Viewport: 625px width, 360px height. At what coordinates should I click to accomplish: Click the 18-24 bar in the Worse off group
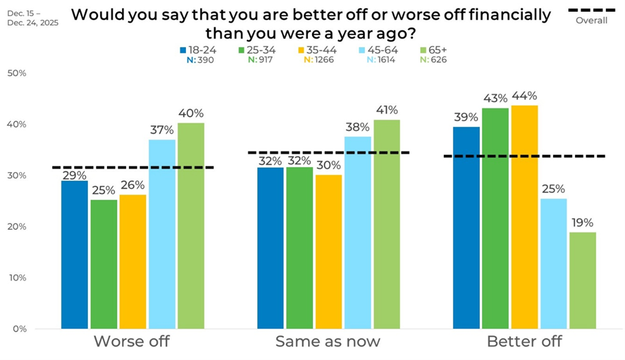(x=74, y=254)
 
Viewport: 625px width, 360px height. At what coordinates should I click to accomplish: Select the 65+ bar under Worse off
(x=190, y=226)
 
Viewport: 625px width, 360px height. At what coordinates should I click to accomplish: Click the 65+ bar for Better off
(x=582, y=280)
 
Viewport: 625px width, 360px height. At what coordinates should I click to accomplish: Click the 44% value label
(x=524, y=96)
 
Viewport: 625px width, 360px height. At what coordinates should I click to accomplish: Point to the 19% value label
(x=582, y=223)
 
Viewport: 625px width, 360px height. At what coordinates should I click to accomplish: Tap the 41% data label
(x=386, y=110)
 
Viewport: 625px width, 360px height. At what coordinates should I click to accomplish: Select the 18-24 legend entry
(x=196, y=50)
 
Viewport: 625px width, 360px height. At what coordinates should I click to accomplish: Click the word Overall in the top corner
(x=591, y=21)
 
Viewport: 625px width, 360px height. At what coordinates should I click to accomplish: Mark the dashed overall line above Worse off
(x=133, y=167)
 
